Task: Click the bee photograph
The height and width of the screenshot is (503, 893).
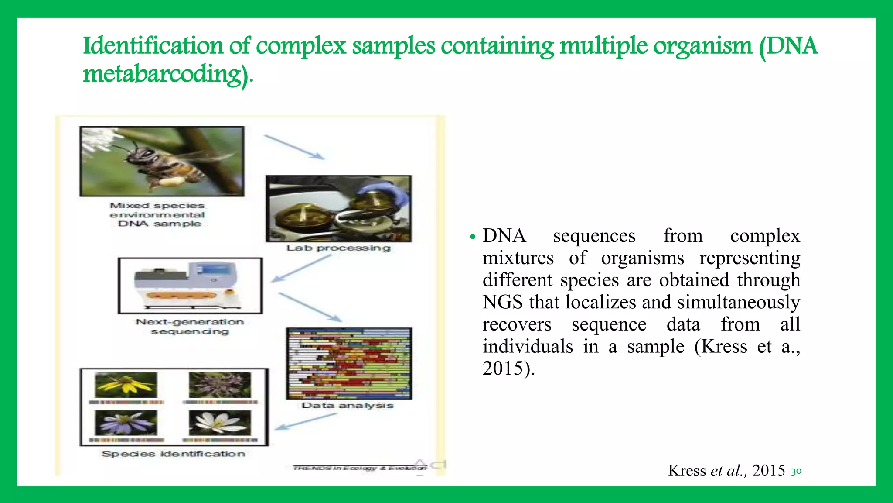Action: tap(162, 161)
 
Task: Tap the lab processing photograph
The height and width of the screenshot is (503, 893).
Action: tap(338, 209)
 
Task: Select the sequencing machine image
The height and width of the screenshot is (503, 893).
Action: tap(190, 285)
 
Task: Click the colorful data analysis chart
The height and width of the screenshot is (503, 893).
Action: tap(349, 363)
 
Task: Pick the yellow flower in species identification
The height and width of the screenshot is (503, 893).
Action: tap(126, 385)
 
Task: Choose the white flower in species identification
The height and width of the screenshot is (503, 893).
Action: tap(220, 423)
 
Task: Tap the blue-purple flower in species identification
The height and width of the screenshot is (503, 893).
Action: tap(126, 423)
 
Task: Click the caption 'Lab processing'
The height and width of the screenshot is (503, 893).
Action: tap(338, 248)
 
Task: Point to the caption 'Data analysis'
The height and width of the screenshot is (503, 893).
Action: tap(348, 405)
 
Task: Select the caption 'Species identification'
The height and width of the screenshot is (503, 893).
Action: tap(174, 454)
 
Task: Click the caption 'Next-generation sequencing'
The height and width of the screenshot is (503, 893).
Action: tap(190, 327)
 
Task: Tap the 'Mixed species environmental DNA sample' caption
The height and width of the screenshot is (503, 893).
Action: tap(157, 214)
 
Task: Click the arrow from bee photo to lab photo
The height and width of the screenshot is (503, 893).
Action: tap(294, 147)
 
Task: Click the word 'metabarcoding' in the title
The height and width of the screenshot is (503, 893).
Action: tap(162, 73)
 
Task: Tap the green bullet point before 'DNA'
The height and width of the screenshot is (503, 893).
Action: tap(472, 237)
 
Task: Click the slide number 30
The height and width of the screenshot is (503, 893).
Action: tap(796, 472)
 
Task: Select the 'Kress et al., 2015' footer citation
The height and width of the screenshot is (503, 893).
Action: tap(726, 470)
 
